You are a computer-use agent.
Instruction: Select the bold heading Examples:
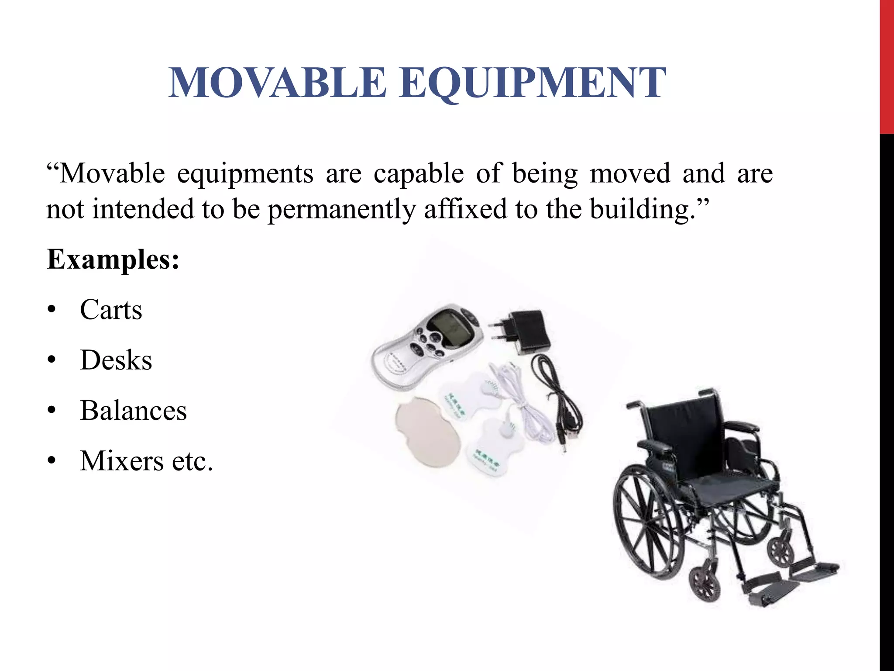pyautogui.click(x=113, y=259)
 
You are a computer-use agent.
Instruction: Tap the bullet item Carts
pyautogui.click(x=111, y=310)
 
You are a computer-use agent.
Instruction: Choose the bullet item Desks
pyautogui.click(x=116, y=360)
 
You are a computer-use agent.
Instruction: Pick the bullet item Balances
pyautogui.click(x=133, y=411)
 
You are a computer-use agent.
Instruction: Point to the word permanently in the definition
pyautogui.click(x=341, y=209)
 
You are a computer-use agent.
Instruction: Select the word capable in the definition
pyautogui.click(x=418, y=173)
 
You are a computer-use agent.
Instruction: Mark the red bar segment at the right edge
pyautogui.click(x=887, y=66)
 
